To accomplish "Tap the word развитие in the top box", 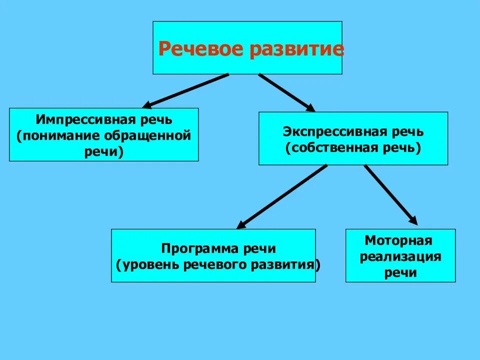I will pyautogui.click(x=295, y=49).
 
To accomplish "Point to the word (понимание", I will pyautogui.click(x=58, y=136).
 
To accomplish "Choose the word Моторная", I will pyautogui.click(x=398, y=240).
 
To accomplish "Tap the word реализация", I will pyautogui.click(x=400, y=257).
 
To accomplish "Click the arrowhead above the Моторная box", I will pyautogui.click(x=412, y=219).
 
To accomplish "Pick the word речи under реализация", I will pyautogui.click(x=400, y=273).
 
